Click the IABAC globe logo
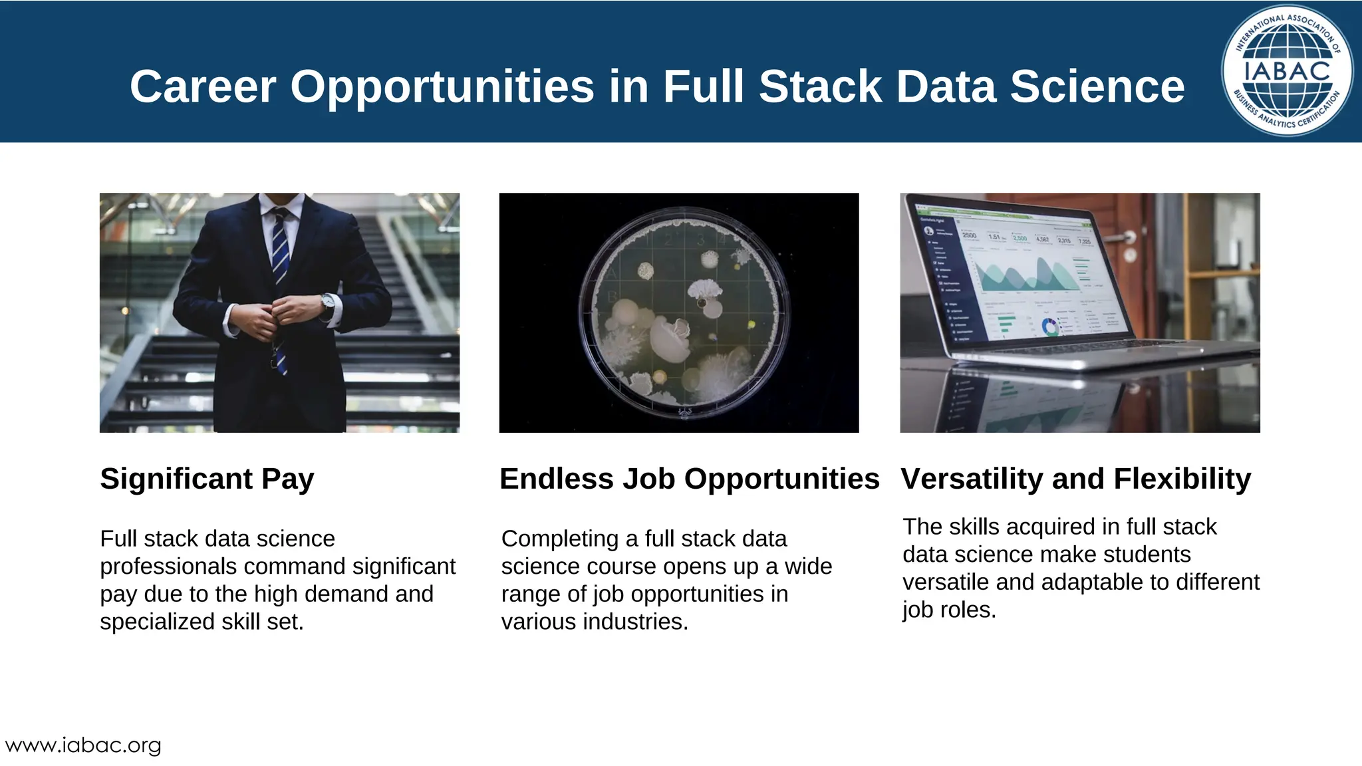1287,70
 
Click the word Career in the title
202,87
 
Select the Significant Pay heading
207,479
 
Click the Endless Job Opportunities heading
689,479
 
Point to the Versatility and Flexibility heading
1075,479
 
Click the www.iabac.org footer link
83,745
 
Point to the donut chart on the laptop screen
1050,327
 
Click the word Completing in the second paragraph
560,539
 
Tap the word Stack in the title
821,87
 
